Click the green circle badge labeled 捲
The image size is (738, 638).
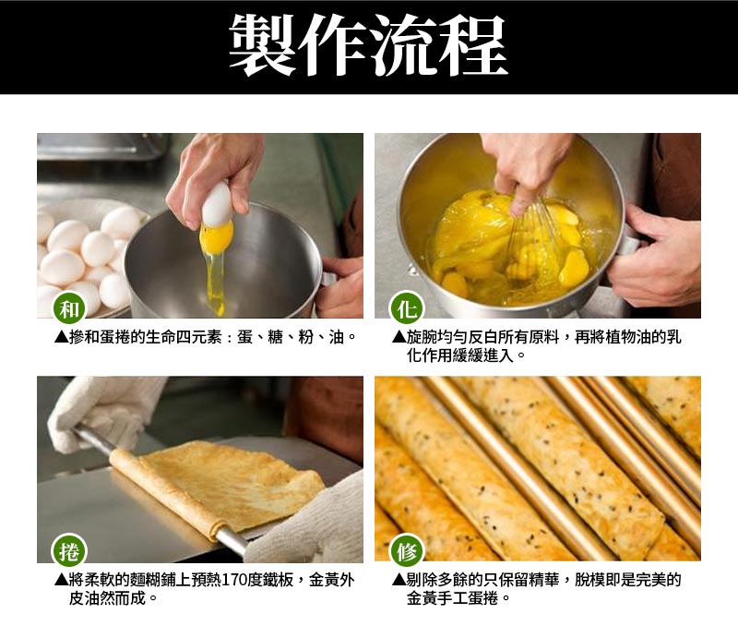pos(68,551)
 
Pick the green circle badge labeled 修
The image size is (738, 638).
pos(407,551)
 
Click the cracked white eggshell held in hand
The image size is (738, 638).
pos(216,204)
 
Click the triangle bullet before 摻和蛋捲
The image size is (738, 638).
pos(61,337)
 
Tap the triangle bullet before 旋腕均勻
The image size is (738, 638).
pos(399,337)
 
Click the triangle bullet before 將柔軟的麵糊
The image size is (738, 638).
pos(61,581)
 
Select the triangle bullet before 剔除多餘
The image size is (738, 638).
pos(399,581)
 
